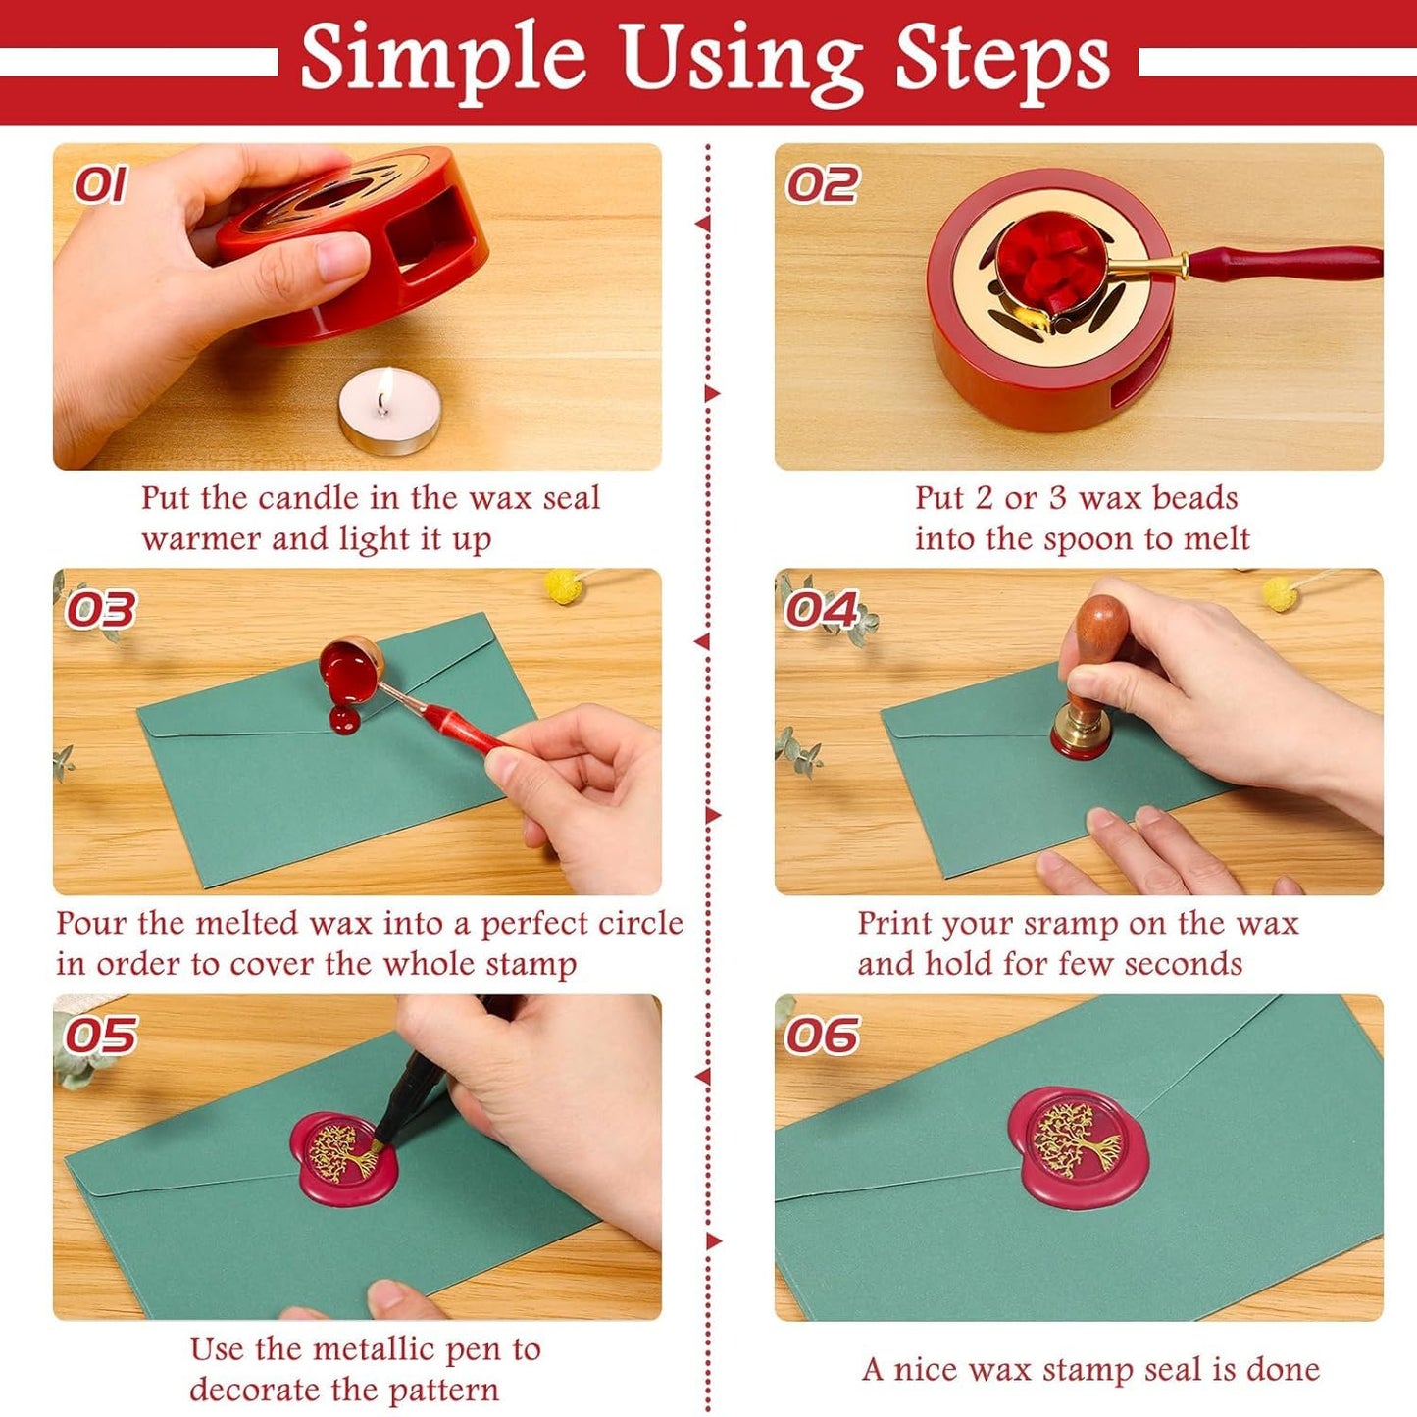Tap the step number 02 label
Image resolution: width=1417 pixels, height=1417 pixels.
(822, 185)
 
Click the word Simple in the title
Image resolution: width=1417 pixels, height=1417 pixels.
(442, 59)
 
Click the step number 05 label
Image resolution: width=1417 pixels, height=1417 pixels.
(100, 1036)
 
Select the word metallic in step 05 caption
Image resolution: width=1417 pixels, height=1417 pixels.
(362, 1349)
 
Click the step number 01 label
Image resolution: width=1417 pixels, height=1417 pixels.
(100, 185)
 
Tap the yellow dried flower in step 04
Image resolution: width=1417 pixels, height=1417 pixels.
(1279, 592)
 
